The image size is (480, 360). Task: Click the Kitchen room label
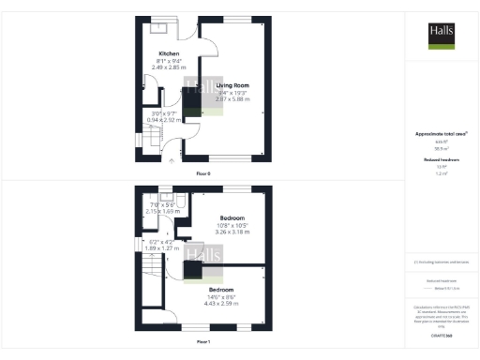pos(169,53)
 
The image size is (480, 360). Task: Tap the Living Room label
pos(233,85)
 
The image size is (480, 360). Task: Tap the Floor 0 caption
pos(203,174)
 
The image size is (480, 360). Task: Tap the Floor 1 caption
pos(203,341)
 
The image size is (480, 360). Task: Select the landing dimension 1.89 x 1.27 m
pos(162,248)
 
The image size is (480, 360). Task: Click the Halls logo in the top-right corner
pos(442,34)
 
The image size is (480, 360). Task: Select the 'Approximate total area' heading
pos(441,134)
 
